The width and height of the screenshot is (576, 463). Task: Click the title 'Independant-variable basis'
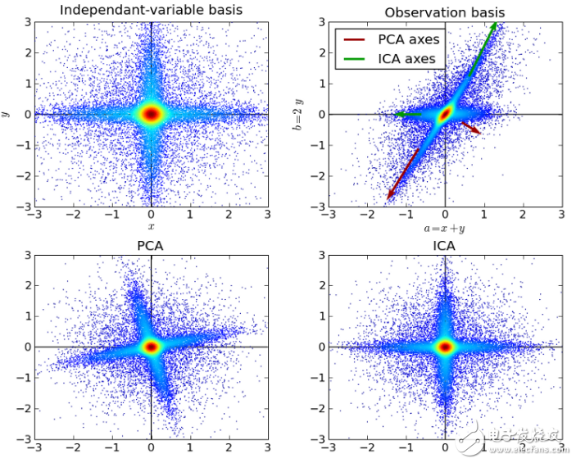tap(151, 11)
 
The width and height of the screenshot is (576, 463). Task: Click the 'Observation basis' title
tap(445, 11)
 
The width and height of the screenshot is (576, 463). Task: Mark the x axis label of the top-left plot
tap(151, 225)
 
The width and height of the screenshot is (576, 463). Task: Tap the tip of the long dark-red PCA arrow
tap(388, 199)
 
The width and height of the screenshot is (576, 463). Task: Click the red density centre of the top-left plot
tap(151, 114)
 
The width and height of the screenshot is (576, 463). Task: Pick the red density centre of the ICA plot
tap(445, 347)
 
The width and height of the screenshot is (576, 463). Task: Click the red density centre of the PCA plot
tap(151, 347)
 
